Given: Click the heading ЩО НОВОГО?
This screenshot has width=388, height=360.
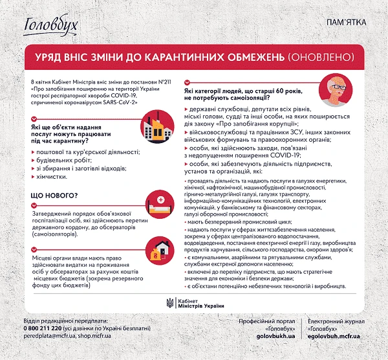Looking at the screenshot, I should click(54, 195).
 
